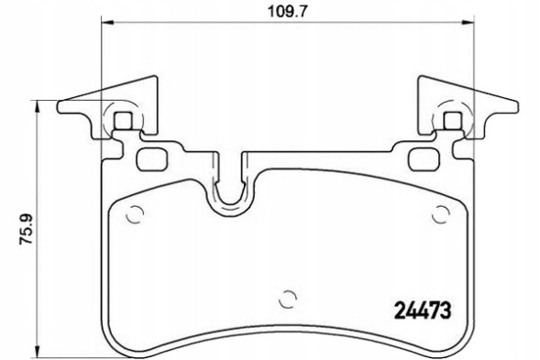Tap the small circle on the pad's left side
tap(135, 216)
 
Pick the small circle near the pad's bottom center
tap(286, 298)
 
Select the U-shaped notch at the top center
tap(230, 188)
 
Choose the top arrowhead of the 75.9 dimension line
tap(36, 104)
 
